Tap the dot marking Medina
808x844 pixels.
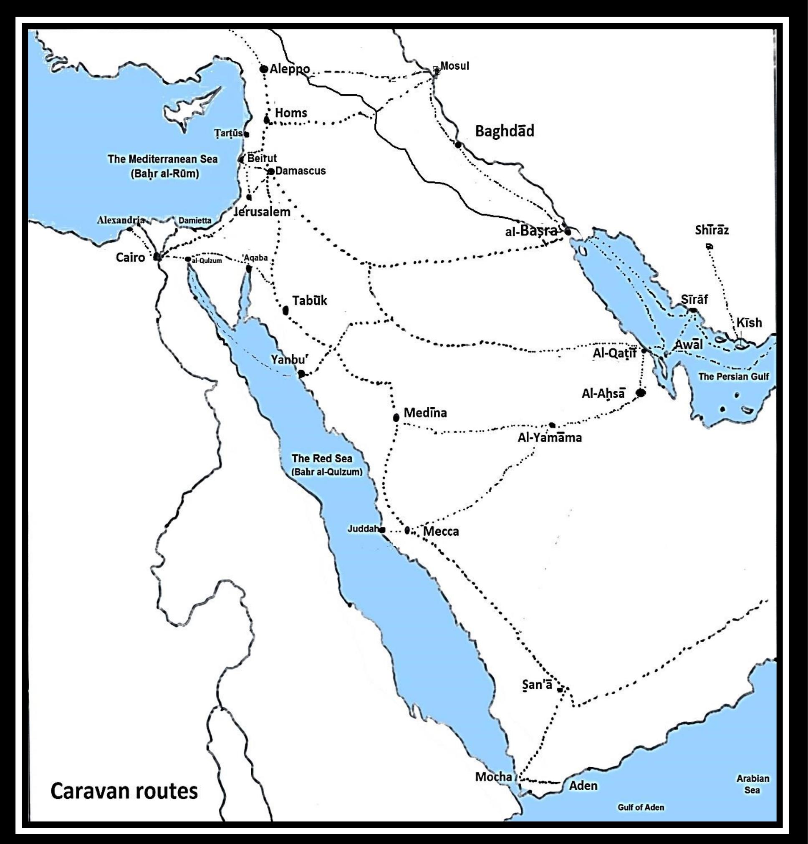click(396, 417)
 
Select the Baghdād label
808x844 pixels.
click(504, 131)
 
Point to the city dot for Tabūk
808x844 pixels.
click(285, 310)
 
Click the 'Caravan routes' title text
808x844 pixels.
click(124, 791)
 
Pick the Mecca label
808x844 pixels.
click(441, 532)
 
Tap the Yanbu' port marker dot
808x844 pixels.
click(301, 374)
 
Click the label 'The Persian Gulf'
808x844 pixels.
click(733, 376)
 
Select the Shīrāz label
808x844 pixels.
click(712, 230)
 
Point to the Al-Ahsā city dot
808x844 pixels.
click(641, 392)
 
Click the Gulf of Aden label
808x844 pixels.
click(641, 807)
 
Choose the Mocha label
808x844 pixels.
click(494, 777)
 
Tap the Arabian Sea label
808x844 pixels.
click(752, 784)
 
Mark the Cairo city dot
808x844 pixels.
click(157, 257)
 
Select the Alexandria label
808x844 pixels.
click(121, 220)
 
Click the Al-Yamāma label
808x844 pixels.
click(550, 438)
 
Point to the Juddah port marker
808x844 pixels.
click(382, 530)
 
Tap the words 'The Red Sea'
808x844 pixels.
click(322, 458)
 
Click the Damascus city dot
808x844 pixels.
click(271, 171)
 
